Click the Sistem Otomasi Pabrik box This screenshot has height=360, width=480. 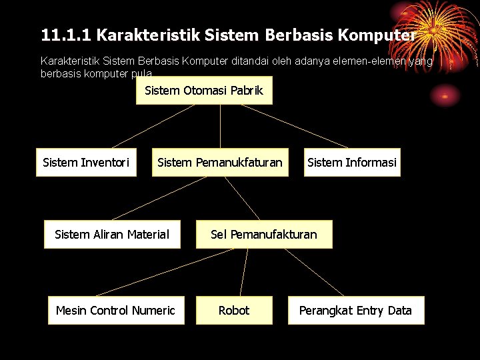tap(204, 90)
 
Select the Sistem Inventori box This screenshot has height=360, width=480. tap(85, 162)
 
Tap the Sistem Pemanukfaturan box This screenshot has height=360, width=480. tap(220, 162)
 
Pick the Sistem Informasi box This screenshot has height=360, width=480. tap(351, 162)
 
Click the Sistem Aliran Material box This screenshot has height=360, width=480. tap(112, 234)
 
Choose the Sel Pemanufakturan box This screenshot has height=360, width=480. tap(264, 234)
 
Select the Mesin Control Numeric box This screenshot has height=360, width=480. tap(115, 310)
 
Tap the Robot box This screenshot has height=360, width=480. tap(234, 310)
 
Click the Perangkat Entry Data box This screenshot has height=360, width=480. tap(355, 310)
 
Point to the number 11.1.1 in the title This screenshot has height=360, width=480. tap(65, 34)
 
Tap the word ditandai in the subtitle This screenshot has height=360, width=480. tap(251, 61)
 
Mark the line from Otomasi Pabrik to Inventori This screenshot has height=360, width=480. tap(157, 126)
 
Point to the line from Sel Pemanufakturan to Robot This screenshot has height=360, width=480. tap(243, 272)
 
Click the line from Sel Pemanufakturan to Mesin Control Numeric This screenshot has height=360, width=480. tap(167, 272)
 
